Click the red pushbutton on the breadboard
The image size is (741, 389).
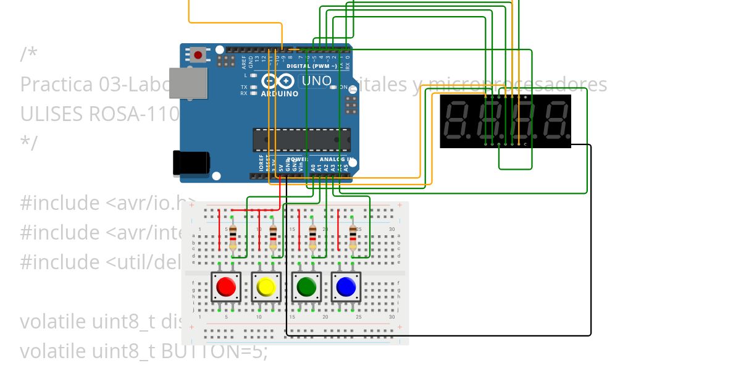[x=226, y=287]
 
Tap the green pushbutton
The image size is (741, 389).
[x=307, y=287]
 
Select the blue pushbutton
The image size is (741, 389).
[x=346, y=287]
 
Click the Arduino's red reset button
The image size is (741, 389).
[x=198, y=55]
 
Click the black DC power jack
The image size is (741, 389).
[x=191, y=162]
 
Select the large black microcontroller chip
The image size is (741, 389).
[x=301, y=140]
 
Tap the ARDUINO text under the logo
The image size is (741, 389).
[x=279, y=94]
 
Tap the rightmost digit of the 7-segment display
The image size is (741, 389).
[x=556, y=120]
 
